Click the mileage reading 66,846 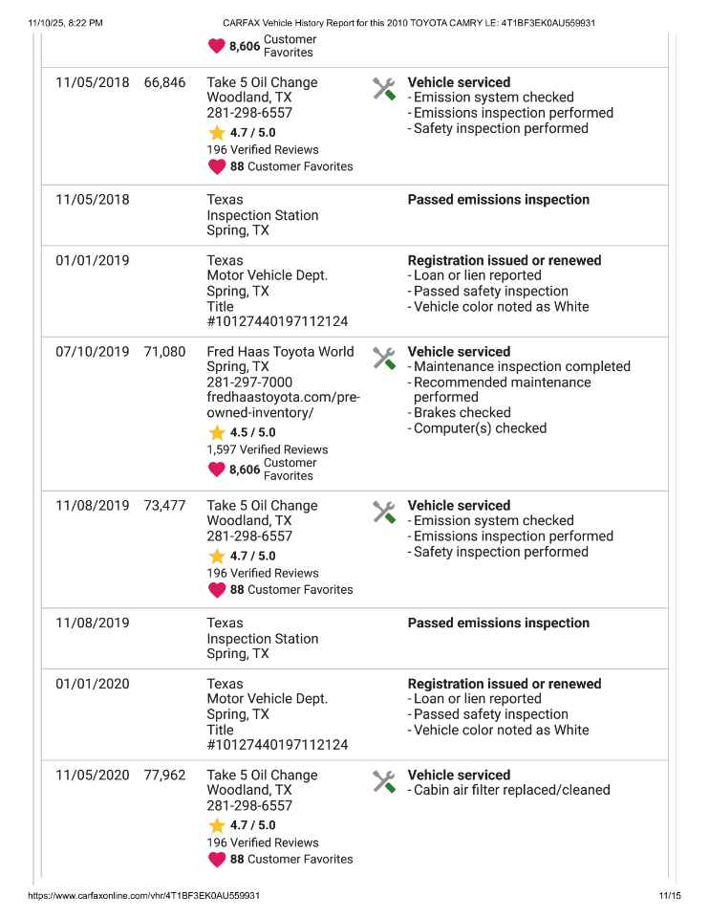tap(164, 82)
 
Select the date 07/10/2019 tap(92, 352)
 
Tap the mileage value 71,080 tap(164, 352)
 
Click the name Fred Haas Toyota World tap(280, 352)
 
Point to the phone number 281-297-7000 tap(249, 382)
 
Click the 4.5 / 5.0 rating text tap(252, 432)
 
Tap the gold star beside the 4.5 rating tap(217, 432)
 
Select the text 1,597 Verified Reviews tap(267, 449)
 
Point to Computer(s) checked tap(480, 428)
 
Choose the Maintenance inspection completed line tap(522, 367)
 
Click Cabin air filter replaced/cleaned tap(511, 791)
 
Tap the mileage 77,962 tap(164, 776)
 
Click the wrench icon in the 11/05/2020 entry tap(383, 781)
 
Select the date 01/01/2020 tap(92, 684)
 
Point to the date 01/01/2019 tap(92, 260)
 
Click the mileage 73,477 tap(164, 506)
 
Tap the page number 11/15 tap(669, 896)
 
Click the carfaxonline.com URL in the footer tap(143, 896)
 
